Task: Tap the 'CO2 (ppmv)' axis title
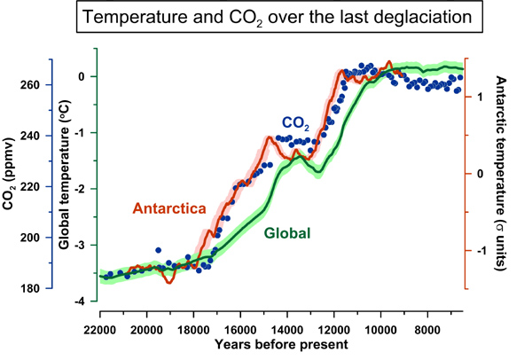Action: pyautogui.click(x=12, y=178)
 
